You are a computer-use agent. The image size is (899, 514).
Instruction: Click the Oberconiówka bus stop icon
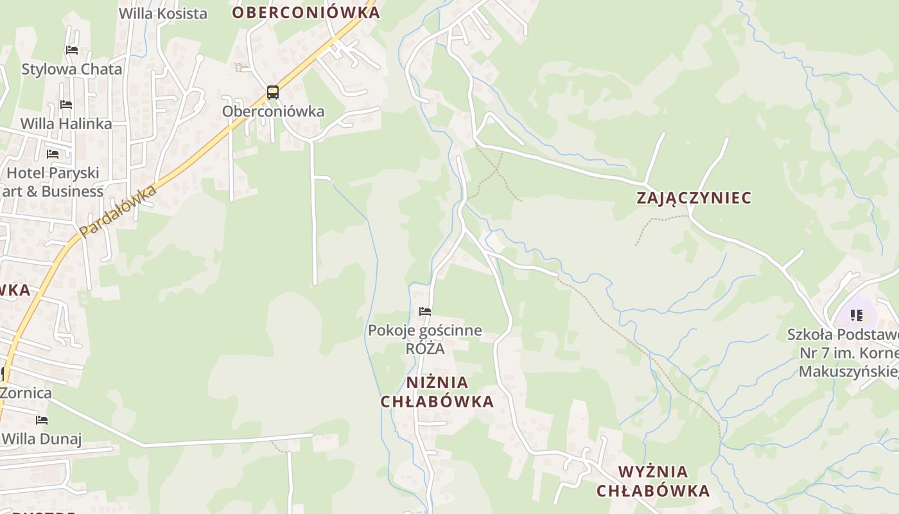[273, 93]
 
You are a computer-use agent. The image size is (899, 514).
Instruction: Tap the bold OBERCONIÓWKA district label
[306, 12]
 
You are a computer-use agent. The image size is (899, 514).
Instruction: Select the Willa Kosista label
[163, 13]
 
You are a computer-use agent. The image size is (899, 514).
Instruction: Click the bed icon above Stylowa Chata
[72, 50]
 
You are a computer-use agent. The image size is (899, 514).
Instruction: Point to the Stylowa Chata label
[72, 69]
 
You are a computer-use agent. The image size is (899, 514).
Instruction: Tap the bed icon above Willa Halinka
[66, 105]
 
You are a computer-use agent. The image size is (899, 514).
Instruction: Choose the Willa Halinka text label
[66, 123]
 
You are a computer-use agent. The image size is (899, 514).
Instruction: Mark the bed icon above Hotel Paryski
[53, 154]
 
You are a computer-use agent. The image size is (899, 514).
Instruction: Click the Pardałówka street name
[118, 211]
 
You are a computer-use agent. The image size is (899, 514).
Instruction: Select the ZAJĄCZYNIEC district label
[694, 198]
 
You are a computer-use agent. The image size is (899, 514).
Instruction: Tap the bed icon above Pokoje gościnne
[425, 312]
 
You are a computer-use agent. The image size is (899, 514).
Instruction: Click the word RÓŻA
[425, 349]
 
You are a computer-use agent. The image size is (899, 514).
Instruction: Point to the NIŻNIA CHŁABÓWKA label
[437, 392]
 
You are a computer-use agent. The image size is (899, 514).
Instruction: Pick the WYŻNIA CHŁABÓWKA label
[653, 481]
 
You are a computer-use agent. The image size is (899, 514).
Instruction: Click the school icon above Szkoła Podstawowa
[857, 315]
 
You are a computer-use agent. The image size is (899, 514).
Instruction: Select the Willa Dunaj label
[42, 439]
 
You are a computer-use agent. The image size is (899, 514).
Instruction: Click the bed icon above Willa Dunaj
[42, 421]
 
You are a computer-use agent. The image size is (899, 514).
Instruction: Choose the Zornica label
[27, 393]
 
